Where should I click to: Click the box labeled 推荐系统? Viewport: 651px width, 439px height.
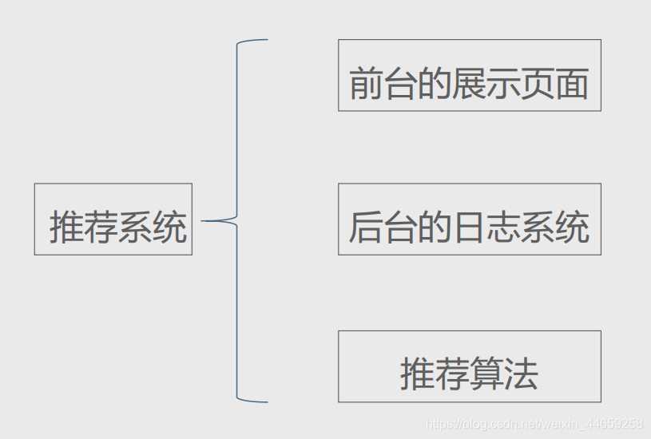coord(113,219)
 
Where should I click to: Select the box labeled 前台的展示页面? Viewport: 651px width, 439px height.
coord(469,75)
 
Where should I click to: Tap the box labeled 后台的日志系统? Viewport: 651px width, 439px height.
coord(469,219)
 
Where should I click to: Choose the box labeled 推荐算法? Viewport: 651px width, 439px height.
coord(469,366)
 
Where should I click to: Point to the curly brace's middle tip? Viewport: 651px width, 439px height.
coord(204,220)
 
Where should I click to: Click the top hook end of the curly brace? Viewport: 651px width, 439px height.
coord(266,39)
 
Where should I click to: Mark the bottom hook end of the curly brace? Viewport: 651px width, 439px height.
coord(266,401)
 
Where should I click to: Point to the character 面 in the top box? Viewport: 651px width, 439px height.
coord(572,84)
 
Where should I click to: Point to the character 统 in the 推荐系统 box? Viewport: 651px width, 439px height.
coord(169,227)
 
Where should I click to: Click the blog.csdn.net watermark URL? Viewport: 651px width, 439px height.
coord(534,424)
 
